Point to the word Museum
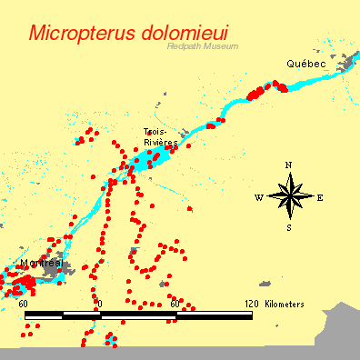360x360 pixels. (220, 46)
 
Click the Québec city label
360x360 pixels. (305, 64)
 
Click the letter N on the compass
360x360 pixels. (288, 165)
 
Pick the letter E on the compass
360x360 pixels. (320, 196)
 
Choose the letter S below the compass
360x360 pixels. (289, 227)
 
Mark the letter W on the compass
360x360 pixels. (258, 197)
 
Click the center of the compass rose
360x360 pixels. (289, 195)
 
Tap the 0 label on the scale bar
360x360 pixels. (98, 304)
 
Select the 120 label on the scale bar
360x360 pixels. (252, 304)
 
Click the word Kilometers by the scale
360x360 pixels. (285, 304)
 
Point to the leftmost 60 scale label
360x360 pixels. (23, 304)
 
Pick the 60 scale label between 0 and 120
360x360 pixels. (175, 304)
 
